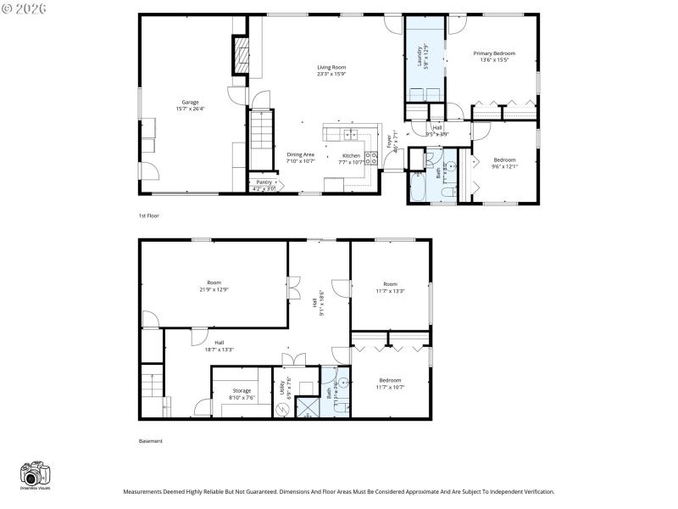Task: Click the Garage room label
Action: pos(190,102)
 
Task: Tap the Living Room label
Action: pos(331,67)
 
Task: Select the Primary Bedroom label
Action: pos(493,53)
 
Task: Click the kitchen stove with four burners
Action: pos(370,156)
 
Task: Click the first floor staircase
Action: pos(262,141)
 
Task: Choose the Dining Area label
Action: pos(300,154)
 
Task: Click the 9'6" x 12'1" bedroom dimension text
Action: pos(504,166)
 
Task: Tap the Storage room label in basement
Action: pos(242,390)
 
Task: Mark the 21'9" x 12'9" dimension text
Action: pos(214,289)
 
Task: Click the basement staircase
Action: pos(151,382)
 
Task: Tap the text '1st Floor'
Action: pos(148,215)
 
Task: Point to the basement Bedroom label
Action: pos(390,380)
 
